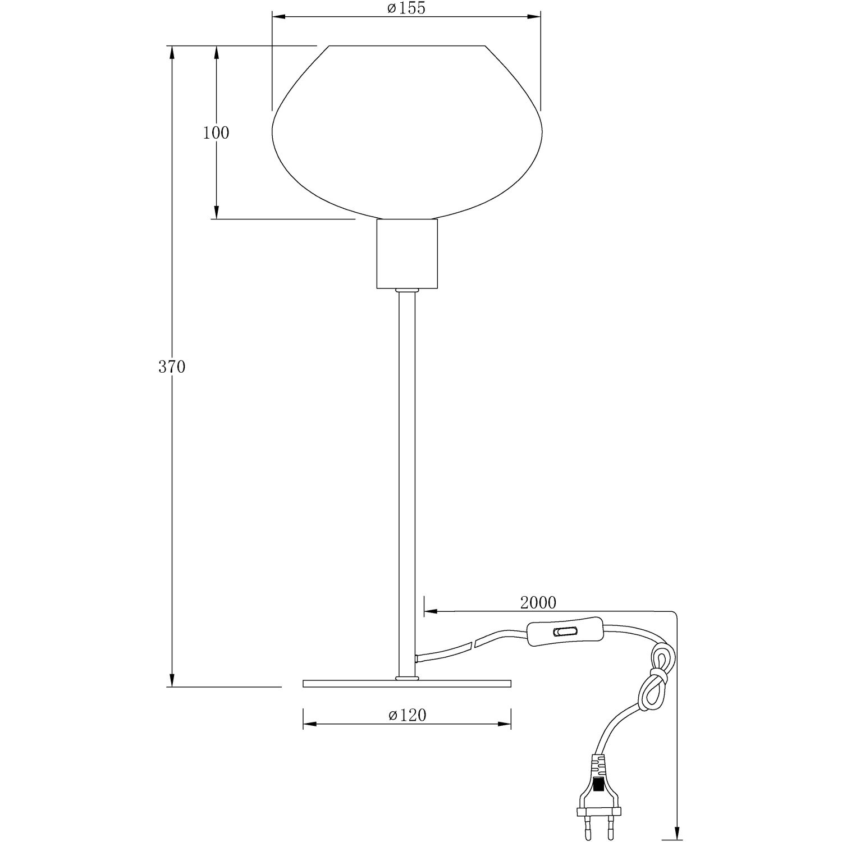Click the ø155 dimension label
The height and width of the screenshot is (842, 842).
click(x=406, y=8)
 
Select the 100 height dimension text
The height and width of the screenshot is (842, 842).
click(x=216, y=133)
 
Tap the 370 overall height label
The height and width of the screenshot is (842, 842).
click(x=171, y=367)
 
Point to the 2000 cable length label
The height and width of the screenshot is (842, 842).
click(x=538, y=602)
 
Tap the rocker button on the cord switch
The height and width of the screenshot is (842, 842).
click(x=565, y=632)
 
